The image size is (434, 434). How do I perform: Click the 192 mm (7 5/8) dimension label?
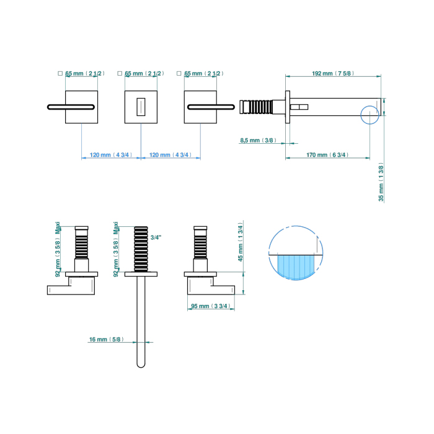pyautogui.click(x=332, y=74)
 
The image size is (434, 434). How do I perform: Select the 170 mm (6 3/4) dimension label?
pyautogui.click(x=327, y=155)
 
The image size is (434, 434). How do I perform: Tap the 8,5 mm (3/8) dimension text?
pyautogui.click(x=258, y=141)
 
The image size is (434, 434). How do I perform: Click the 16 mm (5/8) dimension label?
pyautogui.click(x=107, y=339)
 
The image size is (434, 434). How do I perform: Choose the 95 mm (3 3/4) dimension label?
pyautogui.click(x=211, y=306)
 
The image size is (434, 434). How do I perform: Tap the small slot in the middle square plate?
pyautogui.click(x=141, y=107)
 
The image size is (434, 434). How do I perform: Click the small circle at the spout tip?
pyautogui.click(x=370, y=115)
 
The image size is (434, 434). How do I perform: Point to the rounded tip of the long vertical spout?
pyautogui.click(x=141, y=364)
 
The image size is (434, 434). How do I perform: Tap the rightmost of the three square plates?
pyautogui.click(x=201, y=107)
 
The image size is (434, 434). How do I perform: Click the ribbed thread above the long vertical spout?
pyautogui.click(x=141, y=248)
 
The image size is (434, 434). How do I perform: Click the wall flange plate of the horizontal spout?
pyautogui.click(x=288, y=107)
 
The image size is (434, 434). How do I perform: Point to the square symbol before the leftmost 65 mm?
pyautogui.click(x=60, y=73)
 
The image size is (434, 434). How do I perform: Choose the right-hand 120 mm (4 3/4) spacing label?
pyautogui.click(x=170, y=155)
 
